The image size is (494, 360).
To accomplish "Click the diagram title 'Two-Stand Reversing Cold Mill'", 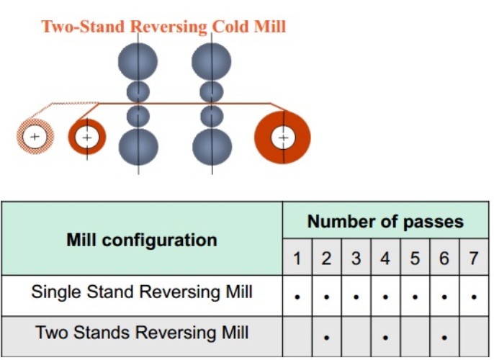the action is (164, 27).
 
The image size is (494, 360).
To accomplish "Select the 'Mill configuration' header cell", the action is (142, 240).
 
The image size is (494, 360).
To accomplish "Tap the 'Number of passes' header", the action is (385, 222).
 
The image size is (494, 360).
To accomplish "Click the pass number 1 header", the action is (297, 258).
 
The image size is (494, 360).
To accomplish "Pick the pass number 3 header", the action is (356, 258).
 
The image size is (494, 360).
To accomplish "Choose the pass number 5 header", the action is (415, 258).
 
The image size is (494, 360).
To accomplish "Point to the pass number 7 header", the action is (474, 258).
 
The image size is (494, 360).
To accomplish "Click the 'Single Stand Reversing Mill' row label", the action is (142, 292).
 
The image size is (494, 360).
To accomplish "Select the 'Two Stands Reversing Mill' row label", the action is (142, 333).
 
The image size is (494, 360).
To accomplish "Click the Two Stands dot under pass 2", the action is (327, 338).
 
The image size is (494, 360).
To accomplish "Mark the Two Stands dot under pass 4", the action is (385, 338).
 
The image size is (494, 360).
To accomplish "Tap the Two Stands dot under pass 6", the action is (444, 338).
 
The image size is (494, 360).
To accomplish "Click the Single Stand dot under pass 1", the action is (297, 297).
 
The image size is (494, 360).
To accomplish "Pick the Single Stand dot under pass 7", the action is (474, 297).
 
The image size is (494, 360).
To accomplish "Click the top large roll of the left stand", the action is (138, 62).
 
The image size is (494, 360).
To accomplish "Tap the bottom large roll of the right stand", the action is (212, 147).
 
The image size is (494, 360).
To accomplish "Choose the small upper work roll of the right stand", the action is (212, 92).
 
